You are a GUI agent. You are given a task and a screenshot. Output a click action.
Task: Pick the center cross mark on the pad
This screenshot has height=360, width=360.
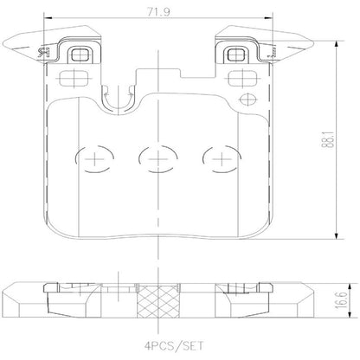157,158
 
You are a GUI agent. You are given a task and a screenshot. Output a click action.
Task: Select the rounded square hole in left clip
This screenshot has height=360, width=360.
81,57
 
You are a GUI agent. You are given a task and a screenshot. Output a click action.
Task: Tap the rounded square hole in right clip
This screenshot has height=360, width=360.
232,57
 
